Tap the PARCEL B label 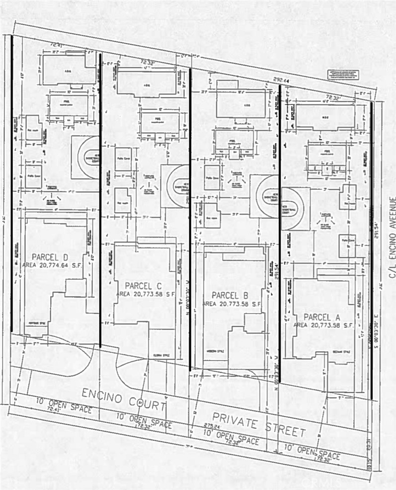229,295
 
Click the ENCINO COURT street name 123,399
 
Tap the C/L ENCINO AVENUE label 392,237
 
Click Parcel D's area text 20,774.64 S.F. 53,265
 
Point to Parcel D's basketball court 85,157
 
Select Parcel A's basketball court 295,208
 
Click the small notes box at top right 343,75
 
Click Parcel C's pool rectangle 160,122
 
